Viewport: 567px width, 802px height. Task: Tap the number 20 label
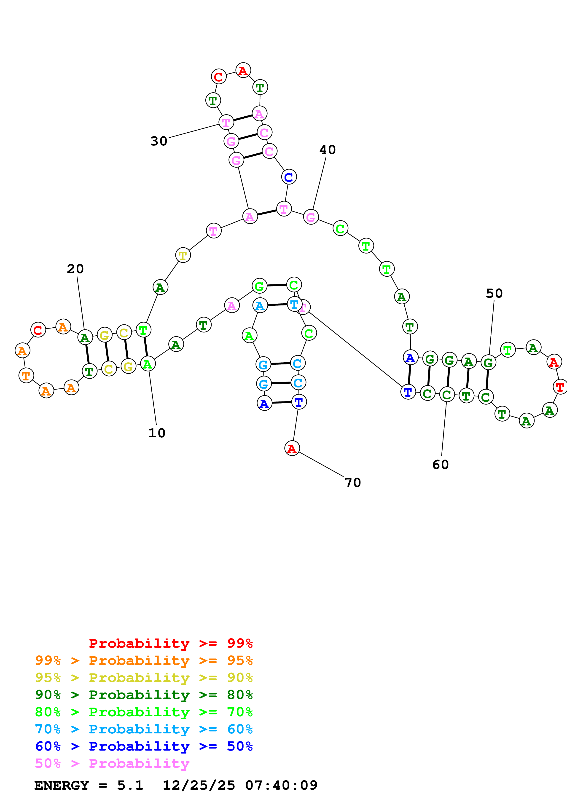pos(75,269)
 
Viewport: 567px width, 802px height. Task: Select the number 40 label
pos(327,150)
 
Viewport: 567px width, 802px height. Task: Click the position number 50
pos(494,293)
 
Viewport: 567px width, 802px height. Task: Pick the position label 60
pos(440,465)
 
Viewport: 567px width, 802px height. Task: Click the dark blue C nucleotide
pos(289,177)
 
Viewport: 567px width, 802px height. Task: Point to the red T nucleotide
pos(560,387)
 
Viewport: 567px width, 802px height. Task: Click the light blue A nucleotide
pos(260,306)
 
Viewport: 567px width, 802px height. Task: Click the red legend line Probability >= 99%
pos(170,643)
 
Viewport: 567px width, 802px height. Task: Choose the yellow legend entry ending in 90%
pos(144,677)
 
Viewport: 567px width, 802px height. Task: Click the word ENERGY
pos(62,785)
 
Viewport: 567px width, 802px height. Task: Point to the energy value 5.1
pos(130,785)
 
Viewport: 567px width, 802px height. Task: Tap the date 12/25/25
pos(199,785)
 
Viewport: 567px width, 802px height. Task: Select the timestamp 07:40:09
pos(281,785)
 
